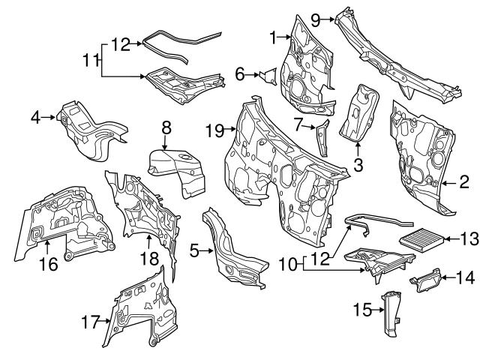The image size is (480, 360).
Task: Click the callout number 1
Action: (274, 35)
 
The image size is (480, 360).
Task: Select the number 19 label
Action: (214, 130)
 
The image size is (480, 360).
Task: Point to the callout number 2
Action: (464, 181)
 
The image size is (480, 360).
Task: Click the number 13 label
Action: (468, 239)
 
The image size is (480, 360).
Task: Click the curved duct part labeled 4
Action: (86, 129)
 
